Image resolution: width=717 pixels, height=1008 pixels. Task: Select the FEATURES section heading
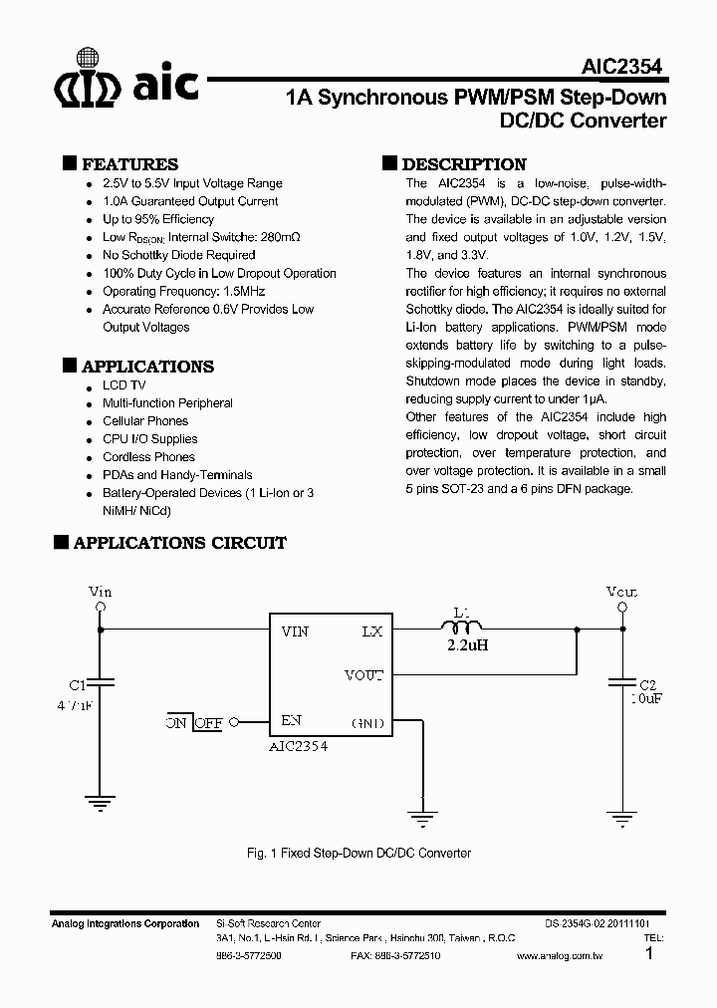(x=129, y=164)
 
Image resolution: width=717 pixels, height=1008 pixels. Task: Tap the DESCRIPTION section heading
(x=463, y=164)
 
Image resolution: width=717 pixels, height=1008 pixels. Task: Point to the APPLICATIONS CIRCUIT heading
(x=179, y=543)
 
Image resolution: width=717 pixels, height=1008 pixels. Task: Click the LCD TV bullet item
(x=123, y=385)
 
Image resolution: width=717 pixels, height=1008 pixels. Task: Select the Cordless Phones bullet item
(x=148, y=457)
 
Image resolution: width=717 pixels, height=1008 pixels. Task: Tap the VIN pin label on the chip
(x=295, y=631)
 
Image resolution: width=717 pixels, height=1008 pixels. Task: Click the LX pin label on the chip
(x=371, y=631)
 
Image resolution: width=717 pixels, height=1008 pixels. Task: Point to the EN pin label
(x=292, y=720)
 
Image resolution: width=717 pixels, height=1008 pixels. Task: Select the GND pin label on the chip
(x=368, y=722)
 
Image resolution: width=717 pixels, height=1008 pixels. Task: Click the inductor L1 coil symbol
(x=460, y=628)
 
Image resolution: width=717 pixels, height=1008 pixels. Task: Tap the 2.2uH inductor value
(x=467, y=644)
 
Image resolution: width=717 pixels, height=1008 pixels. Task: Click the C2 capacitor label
(x=647, y=685)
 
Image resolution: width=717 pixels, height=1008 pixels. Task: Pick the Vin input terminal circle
(x=100, y=607)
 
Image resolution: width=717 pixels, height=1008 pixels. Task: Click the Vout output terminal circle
(x=622, y=607)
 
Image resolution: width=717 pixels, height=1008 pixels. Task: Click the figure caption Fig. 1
(x=358, y=854)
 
